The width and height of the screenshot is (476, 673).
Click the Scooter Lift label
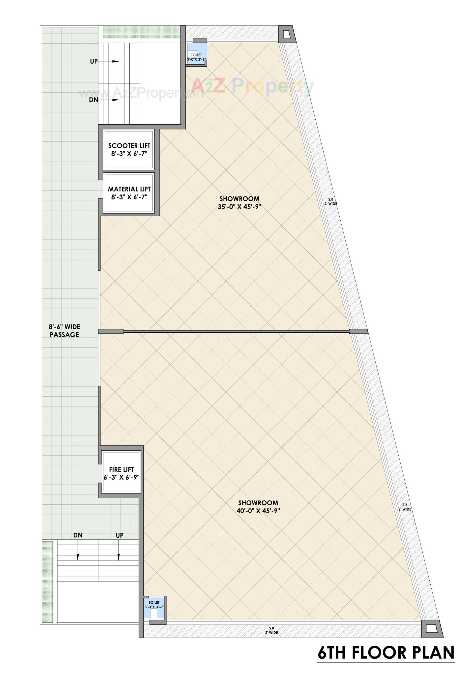click(129, 146)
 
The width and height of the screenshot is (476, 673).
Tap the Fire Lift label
click(121, 469)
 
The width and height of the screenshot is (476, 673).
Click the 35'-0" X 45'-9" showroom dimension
click(239, 207)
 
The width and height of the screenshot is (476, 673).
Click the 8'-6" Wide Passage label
click(64, 331)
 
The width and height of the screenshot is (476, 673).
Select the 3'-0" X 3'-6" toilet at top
click(196, 55)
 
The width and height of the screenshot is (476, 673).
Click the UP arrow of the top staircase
click(115, 62)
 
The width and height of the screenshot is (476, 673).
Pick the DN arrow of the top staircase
click(115, 100)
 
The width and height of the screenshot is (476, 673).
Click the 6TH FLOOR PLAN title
click(386, 652)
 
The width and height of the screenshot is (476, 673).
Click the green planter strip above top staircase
click(142, 32)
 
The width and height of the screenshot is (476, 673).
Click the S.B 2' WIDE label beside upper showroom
click(330, 202)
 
